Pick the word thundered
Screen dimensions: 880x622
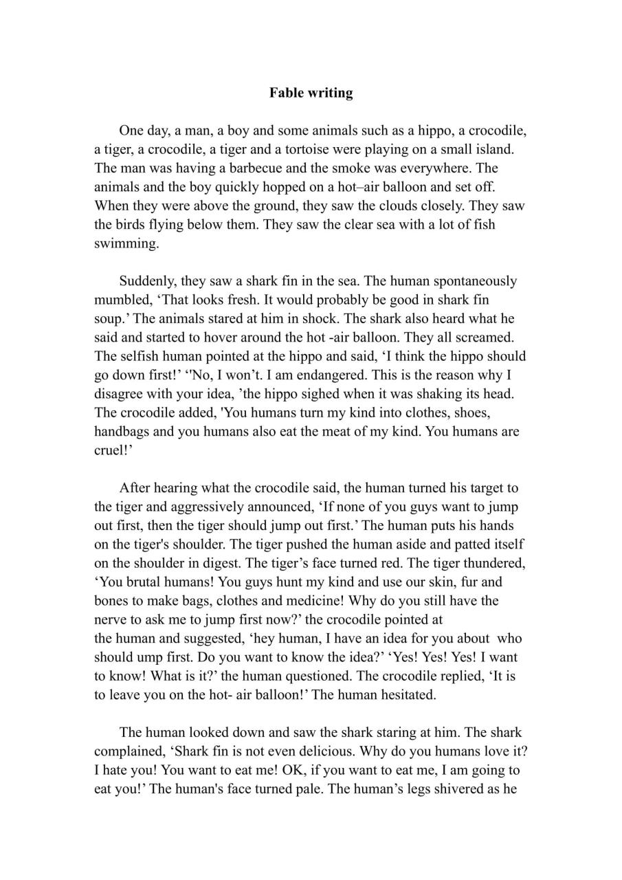click(x=494, y=563)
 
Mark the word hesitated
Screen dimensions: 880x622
click(x=406, y=694)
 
